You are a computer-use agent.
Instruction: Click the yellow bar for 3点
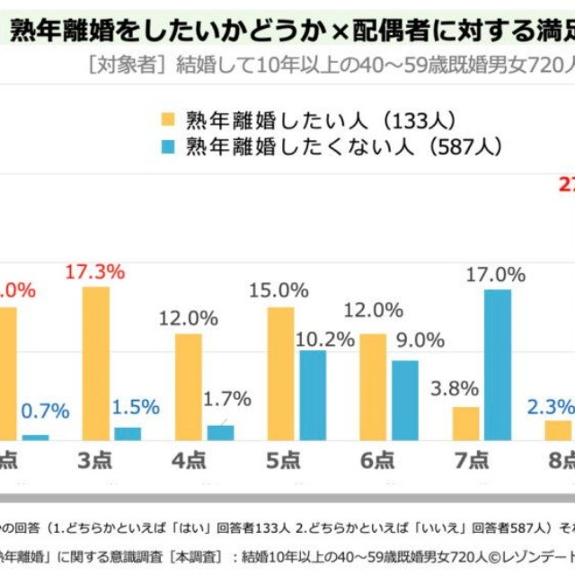pyautogui.click(x=95, y=365)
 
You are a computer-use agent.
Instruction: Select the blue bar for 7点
pyautogui.click(x=497, y=366)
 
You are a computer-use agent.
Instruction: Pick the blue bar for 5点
pyautogui.click(x=312, y=396)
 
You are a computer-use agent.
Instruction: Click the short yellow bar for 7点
pyautogui.click(x=465, y=424)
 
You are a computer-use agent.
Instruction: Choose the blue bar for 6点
pyautogui.click(x=404, y=402)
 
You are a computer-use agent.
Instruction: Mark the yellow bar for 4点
pyautogui.click(x=189, y=388)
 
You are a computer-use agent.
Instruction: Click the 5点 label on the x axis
pyautogui.click(x=282, y=462)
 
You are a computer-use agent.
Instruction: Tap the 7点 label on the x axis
pyautogui.click(x=468, y=462)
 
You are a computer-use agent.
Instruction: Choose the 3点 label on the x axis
pyautogui.click(x=95, y=462)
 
